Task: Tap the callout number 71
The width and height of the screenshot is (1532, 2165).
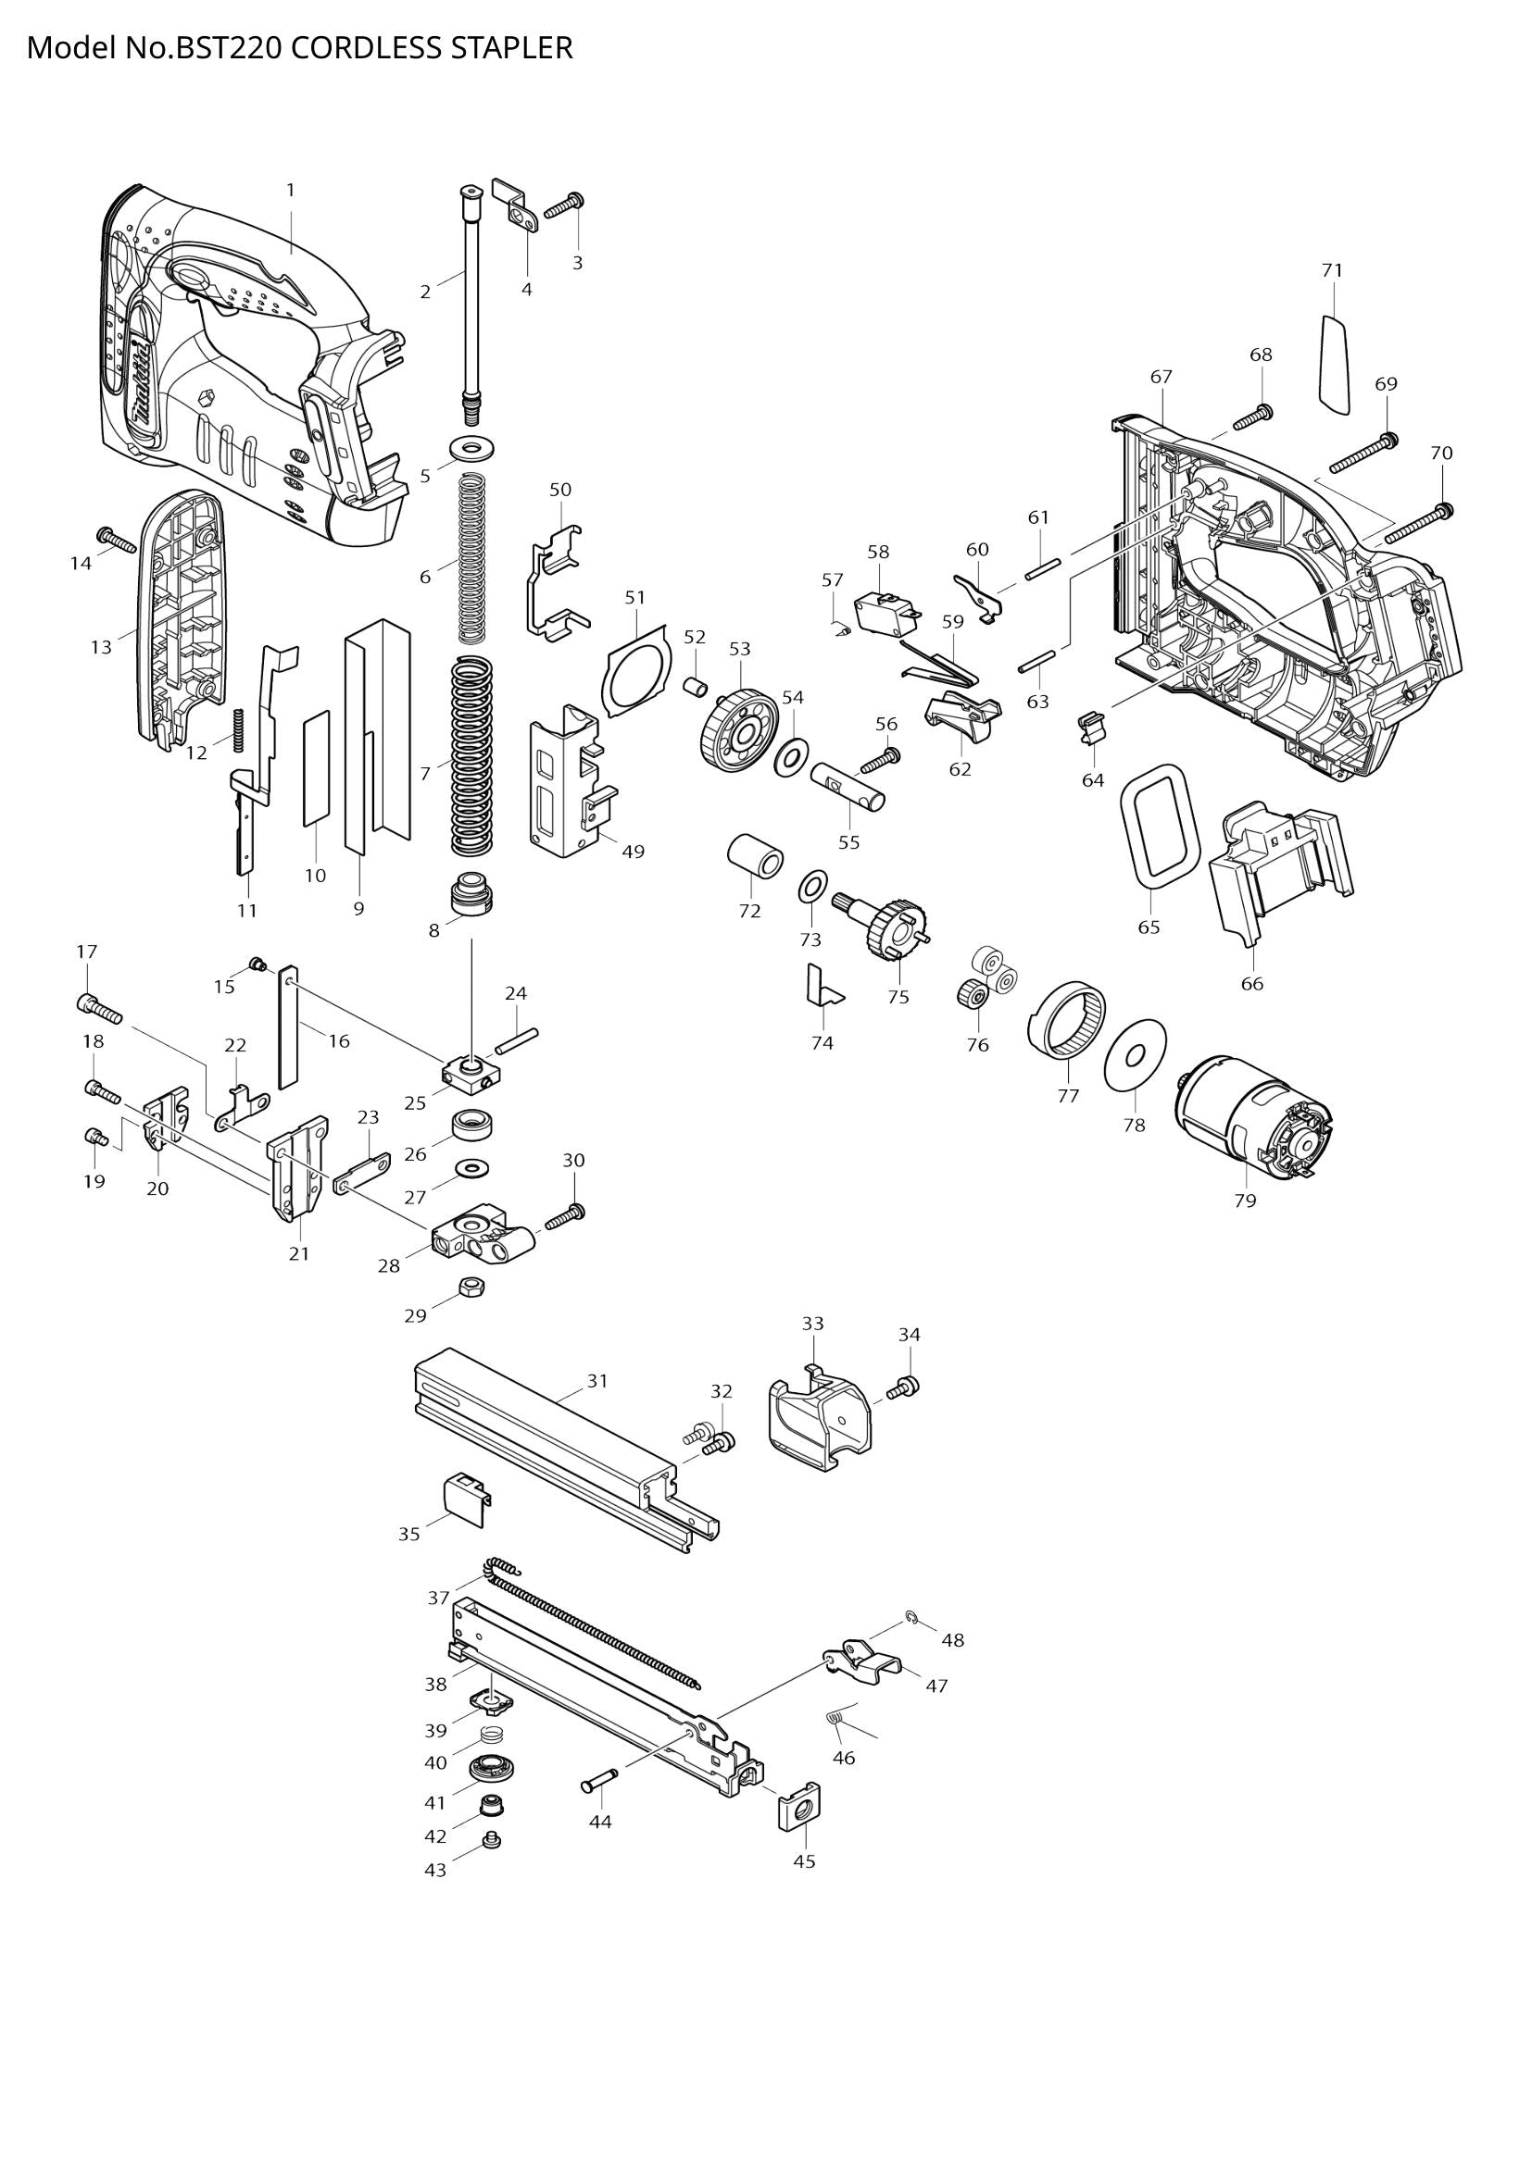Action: pos(1331,270)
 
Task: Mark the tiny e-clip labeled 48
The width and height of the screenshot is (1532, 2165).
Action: pos(912,1619)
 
